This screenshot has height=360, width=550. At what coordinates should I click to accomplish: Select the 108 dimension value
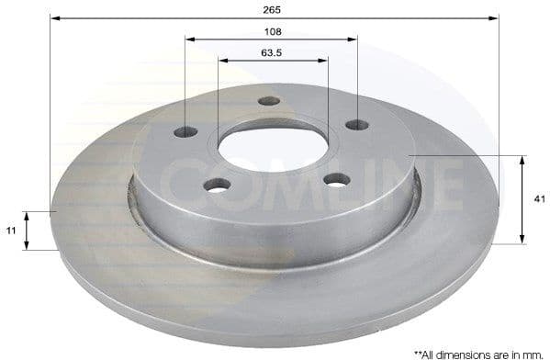click(271, 30)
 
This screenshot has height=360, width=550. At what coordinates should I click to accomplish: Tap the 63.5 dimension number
click(271, 52)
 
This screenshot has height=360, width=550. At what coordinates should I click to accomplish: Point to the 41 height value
click(539, 198)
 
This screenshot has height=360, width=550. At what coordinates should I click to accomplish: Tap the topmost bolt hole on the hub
click(269, 101)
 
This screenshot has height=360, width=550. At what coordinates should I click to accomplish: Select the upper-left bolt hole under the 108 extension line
click(185, 131)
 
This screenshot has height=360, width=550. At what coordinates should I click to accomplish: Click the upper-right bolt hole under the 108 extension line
click(356, 125)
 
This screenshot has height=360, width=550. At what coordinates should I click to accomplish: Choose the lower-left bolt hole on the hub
click(217, 185)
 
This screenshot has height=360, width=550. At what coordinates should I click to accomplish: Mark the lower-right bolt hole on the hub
click(337, 179)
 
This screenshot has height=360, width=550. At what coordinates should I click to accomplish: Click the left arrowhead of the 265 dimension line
click(54, 17)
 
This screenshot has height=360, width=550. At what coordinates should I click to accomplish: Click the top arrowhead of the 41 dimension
click(522, 160)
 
